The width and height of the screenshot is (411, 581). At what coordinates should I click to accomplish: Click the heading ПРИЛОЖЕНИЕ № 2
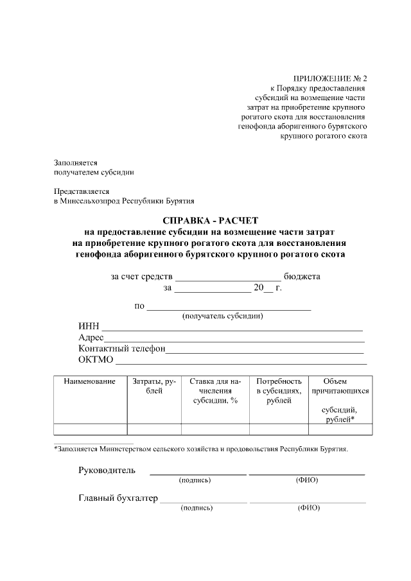pos(329,78)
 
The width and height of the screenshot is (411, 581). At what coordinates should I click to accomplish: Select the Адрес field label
pos(91,338)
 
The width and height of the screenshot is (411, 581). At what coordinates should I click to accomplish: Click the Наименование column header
pos(90,381)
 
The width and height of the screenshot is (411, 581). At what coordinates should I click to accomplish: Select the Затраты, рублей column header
pos(154,386)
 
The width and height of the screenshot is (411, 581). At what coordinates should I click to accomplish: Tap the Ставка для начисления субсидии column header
pos(215,390)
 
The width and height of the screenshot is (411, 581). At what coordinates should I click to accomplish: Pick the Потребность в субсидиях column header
pos(279,390)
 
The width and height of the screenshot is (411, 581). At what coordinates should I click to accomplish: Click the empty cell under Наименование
pos(90,429)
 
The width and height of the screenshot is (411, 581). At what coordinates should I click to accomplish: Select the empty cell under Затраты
pos(154,429)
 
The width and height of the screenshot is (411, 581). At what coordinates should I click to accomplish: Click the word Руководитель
pos(107,470)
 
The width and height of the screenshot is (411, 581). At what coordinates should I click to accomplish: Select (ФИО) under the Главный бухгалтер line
pos(308,508)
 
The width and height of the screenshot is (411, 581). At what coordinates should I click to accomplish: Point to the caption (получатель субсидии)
pos(223,316)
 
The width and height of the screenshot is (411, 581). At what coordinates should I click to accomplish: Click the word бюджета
pos(302,277)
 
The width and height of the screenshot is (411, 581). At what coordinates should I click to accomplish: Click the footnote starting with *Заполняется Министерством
pos(201,449)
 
